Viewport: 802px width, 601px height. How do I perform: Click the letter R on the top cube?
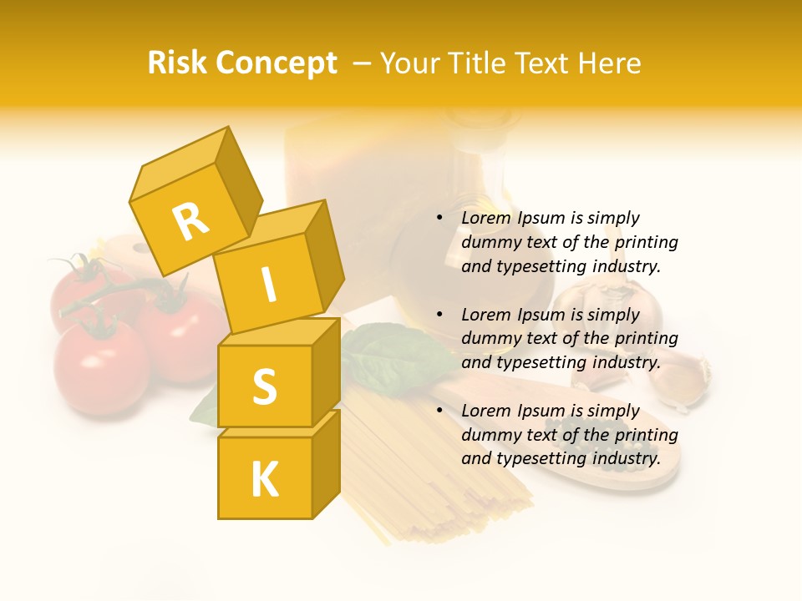point(191,221)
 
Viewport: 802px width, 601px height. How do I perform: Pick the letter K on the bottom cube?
point(264,479)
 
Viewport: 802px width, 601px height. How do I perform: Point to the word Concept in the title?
point(275,64)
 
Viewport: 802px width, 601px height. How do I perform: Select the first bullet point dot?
point(439,219)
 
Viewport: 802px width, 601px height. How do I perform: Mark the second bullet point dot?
point(439,316)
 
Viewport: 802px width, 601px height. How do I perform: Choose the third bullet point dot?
point(439,412)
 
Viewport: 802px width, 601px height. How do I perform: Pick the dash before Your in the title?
point(363,63)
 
